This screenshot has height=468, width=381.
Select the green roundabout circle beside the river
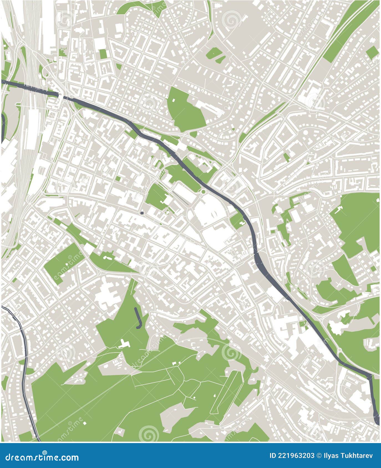203,192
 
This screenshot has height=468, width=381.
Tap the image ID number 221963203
296,456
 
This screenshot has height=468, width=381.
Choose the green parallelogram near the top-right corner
372,52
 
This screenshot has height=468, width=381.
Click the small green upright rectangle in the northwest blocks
103,54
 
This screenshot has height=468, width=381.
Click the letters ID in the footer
273,456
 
